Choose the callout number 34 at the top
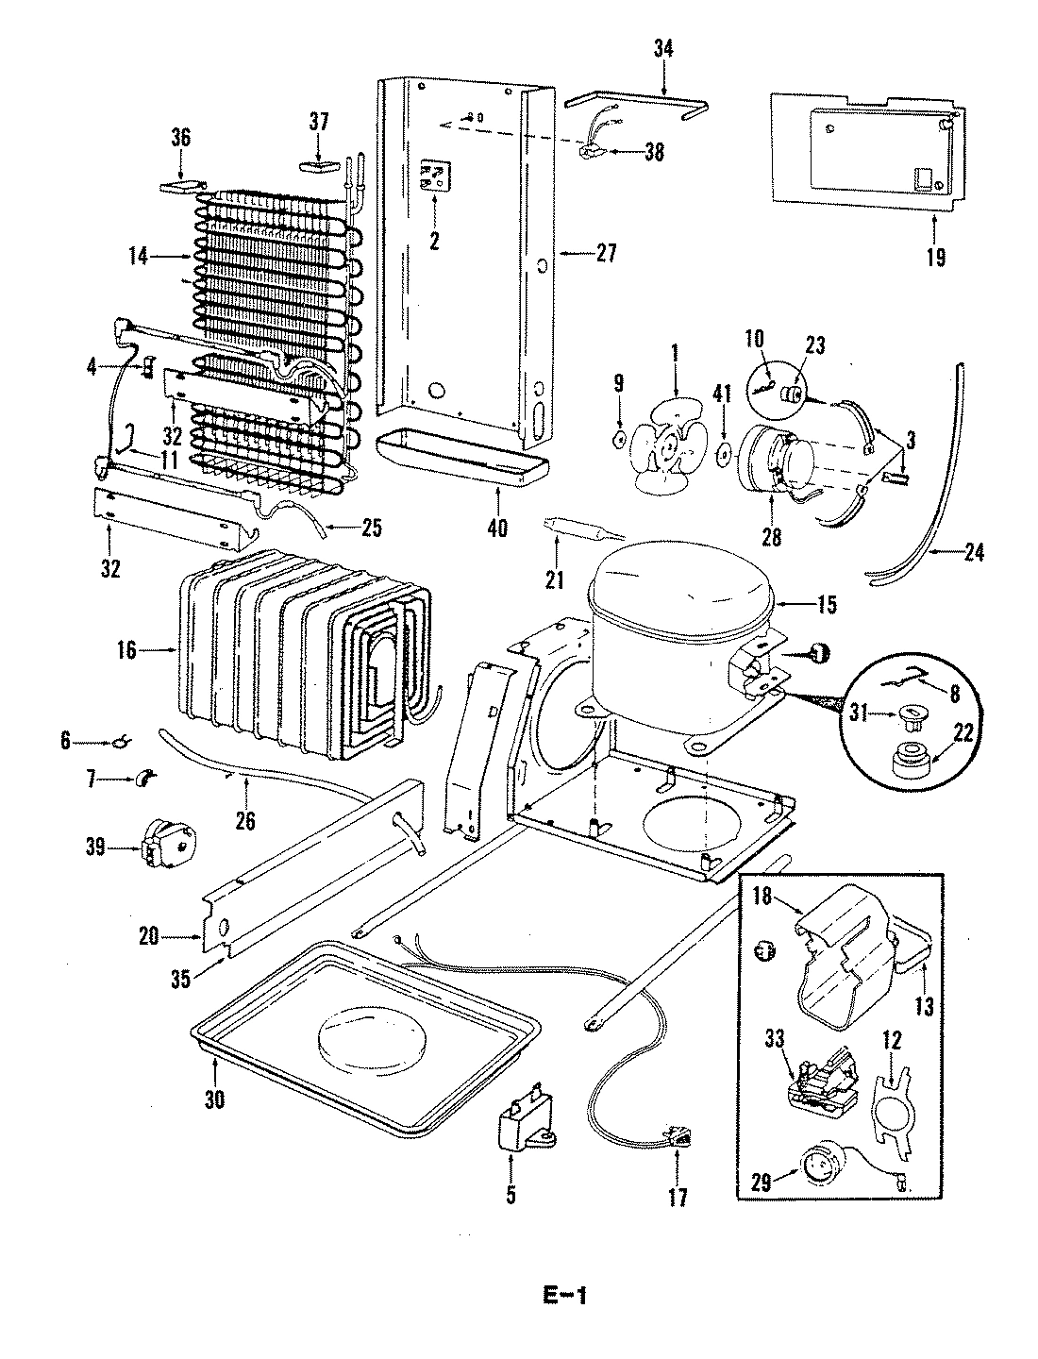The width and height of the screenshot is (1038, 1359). (x=663, y=50)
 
